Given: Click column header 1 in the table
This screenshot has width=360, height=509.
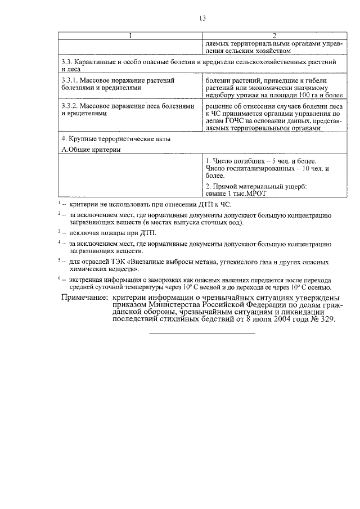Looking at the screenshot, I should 130,37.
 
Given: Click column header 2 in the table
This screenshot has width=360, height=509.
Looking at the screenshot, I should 274,37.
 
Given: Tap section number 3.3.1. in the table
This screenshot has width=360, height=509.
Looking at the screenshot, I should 71,80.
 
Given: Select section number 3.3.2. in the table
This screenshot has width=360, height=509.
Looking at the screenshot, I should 71,106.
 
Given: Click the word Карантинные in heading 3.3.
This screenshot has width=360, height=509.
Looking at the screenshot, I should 98,61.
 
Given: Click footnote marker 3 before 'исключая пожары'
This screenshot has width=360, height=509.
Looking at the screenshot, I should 59,231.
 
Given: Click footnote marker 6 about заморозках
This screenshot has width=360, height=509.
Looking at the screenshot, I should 59,278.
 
